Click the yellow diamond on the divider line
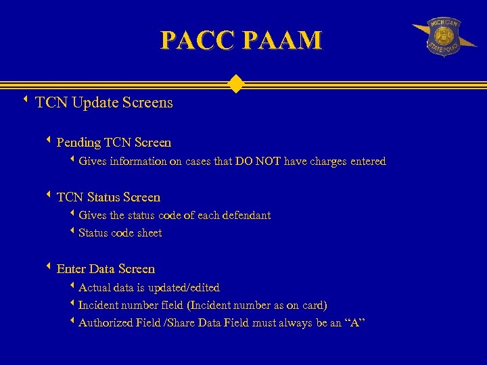[235, 84]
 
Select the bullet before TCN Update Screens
[25, 101]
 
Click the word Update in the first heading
[94, 103]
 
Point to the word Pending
[78, 143]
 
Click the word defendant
[243, 216]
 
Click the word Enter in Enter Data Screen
[72, 269]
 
